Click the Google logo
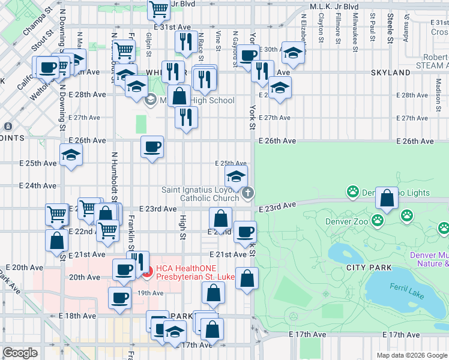tap(20, 353)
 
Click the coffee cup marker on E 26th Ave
tap(152, 146)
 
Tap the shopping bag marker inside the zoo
tap(387, 199)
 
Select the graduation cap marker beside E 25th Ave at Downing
tap(71, 155)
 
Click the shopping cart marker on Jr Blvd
tap(159, 9)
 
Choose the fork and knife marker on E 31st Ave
tap(185, 41)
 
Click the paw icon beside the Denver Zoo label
tap(378, 220)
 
